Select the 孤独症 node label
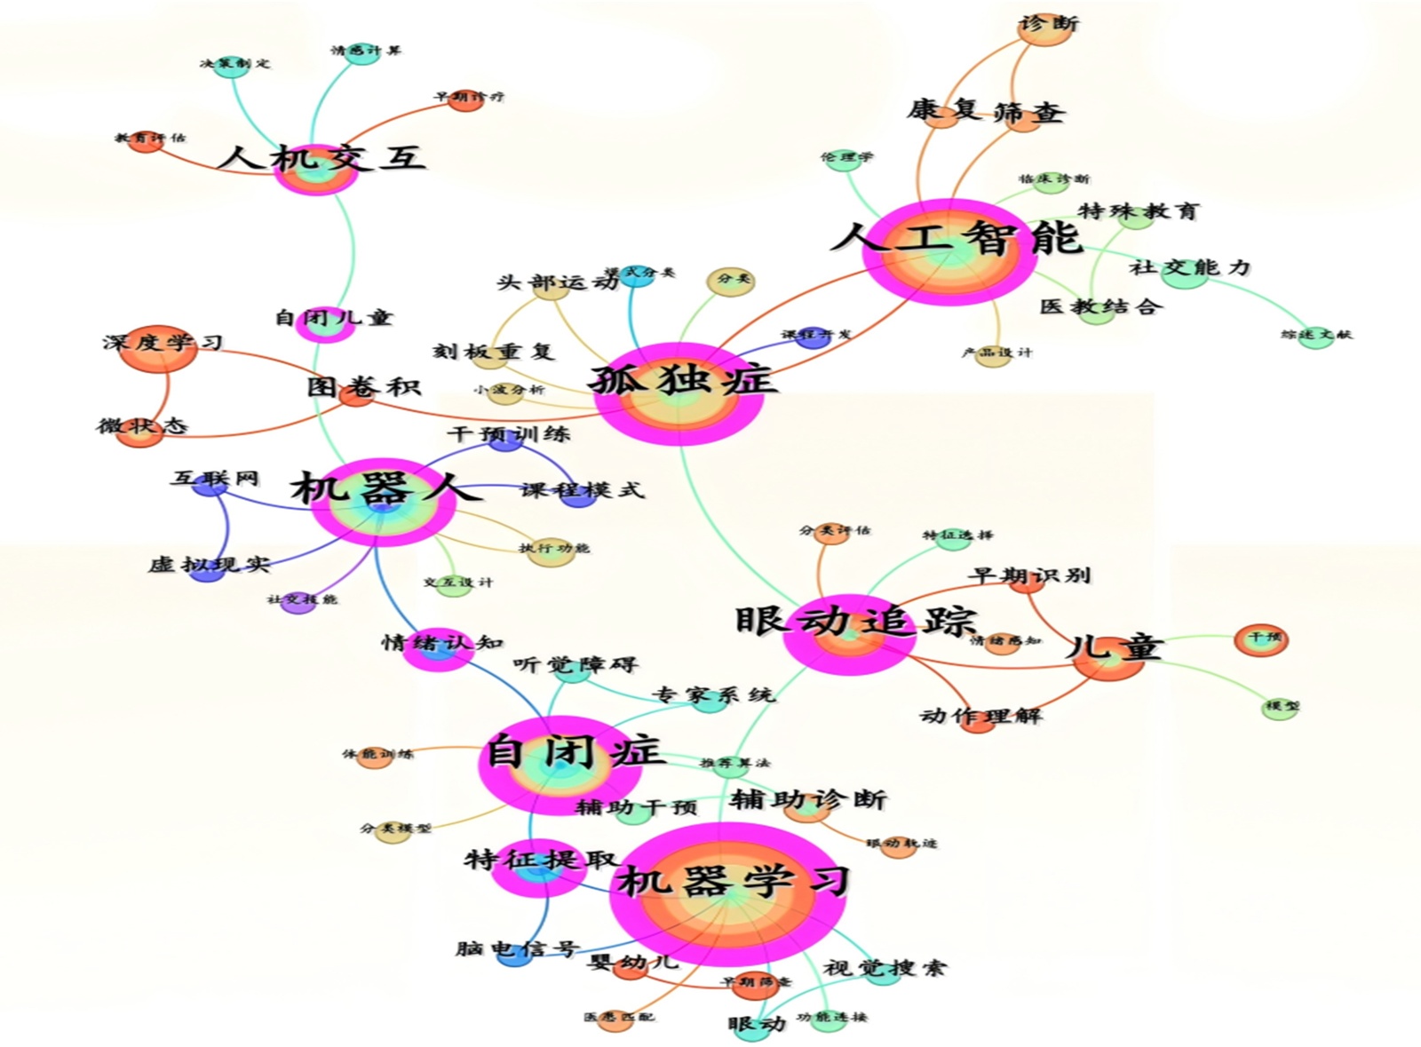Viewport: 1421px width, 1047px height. (x=682, y=380)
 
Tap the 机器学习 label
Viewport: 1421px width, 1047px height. (x=734, y=881)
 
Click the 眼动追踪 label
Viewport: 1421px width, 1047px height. (x=855, y=620)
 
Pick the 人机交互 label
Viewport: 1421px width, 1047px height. (x=322, y=158)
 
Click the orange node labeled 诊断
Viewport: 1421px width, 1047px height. (x=1048, y=25)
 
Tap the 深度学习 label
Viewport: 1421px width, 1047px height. (x=163, y=343)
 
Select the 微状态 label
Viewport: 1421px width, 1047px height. (x=142, y=426)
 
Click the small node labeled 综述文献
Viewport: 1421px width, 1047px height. (x=1315, y=335)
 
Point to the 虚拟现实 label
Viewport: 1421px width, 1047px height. (x=208, y=564)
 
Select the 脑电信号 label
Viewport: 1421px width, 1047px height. (x=516, y=948)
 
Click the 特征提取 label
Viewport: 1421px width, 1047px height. (x=541, y=860)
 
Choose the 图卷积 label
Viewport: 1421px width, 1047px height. (x=362, y=387)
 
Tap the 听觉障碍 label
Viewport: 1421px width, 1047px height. (x=575, y=664)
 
